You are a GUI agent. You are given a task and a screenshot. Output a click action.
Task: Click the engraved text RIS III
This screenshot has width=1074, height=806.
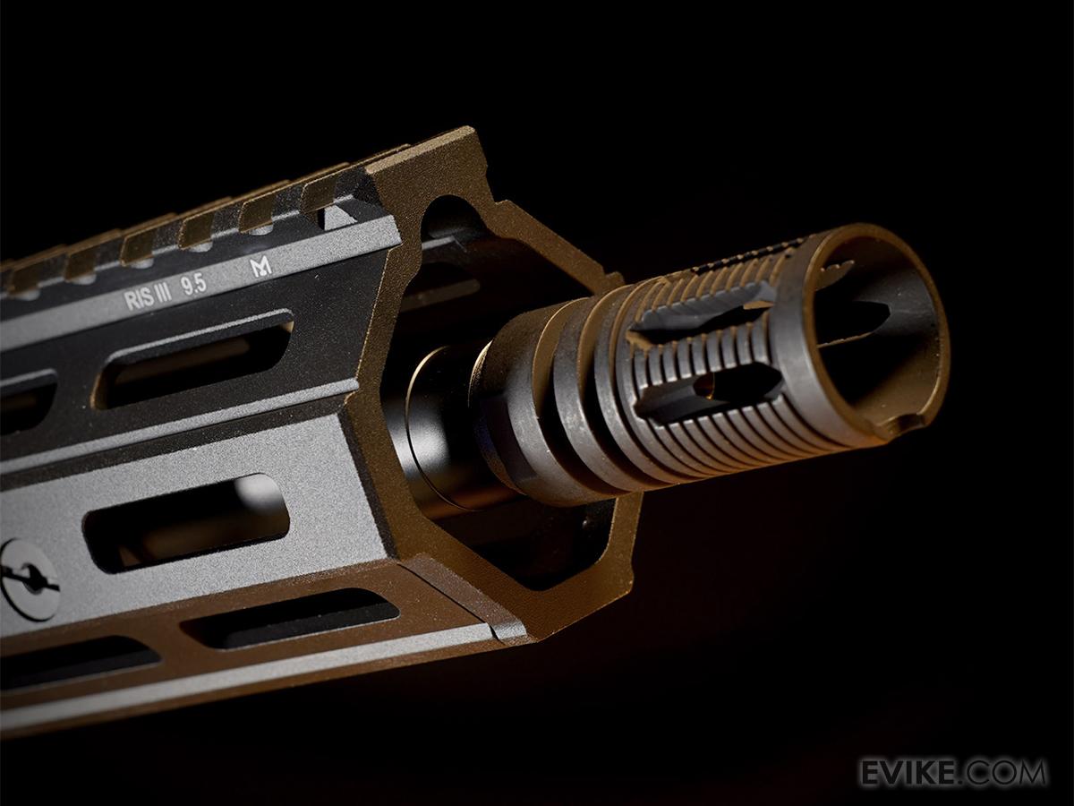click(x=149, y=297)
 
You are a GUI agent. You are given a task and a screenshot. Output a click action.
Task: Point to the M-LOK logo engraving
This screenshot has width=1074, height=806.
click(x=260, y=267)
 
